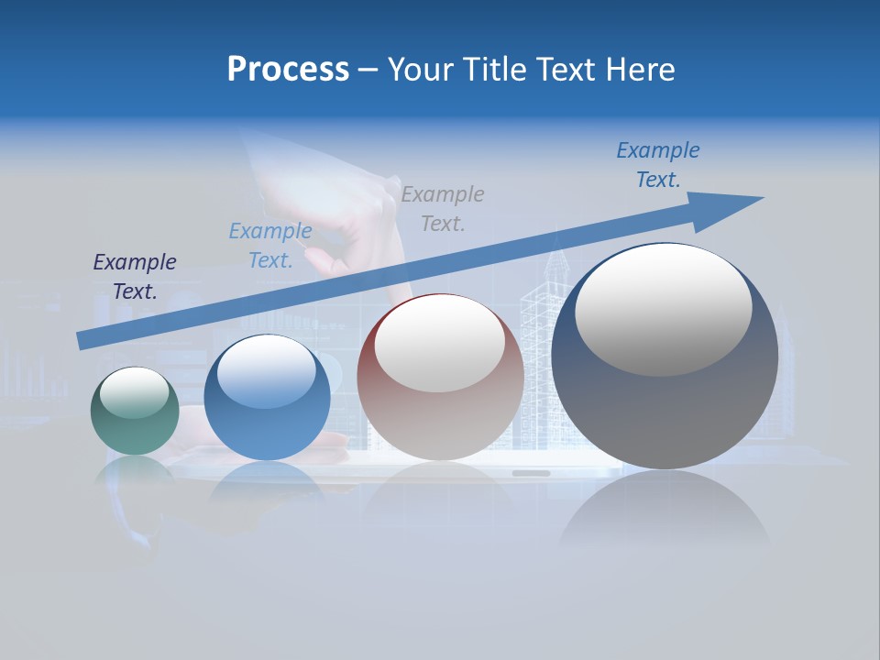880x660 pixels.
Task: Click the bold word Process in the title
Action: coord(288,70)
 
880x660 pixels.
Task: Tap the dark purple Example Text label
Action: coord(135,276)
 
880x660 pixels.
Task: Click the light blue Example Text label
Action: coord(270,245)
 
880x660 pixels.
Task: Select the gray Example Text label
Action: coord(443,208)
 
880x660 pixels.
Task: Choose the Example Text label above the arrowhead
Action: coord(658,164)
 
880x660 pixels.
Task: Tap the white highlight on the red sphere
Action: coord(440,344)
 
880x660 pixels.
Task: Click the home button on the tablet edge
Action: coord(531,473)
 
